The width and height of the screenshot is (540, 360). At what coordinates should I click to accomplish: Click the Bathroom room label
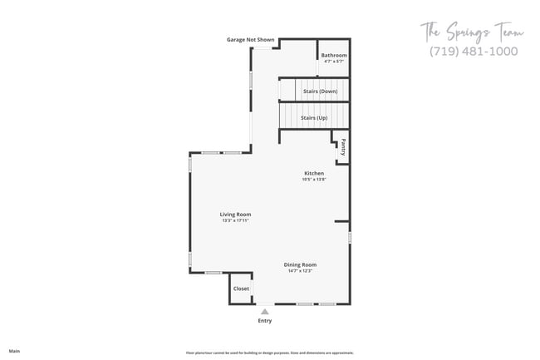click(334, 56)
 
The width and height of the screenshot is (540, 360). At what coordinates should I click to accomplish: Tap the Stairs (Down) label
click(320, 91)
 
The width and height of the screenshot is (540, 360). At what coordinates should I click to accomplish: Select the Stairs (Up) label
click(314, 118)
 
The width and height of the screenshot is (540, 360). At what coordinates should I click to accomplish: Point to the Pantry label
click(342, 147)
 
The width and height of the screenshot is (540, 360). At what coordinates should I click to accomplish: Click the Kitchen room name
click(313, 173)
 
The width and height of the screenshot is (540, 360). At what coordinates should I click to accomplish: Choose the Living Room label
click(235, 215)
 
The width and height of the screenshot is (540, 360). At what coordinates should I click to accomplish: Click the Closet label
click(241, 288)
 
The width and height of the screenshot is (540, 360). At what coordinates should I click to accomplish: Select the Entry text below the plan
click(264, 320)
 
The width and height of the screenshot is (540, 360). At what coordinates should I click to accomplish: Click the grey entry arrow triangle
click(264, 311)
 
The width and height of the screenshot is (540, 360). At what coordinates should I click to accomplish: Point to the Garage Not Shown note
click(250, 40)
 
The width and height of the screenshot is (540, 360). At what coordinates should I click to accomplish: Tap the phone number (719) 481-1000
click(473, 52)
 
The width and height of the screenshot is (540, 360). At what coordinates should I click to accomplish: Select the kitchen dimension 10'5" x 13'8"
click(313, 180)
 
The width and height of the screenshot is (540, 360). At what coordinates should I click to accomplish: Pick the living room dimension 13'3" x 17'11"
click(235, 220)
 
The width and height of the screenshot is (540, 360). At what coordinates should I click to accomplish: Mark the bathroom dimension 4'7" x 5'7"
click(334, 62)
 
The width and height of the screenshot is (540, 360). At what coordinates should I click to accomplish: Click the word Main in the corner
click(14, 351)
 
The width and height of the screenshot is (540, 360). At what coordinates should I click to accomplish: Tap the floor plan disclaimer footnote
click(269, 353)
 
